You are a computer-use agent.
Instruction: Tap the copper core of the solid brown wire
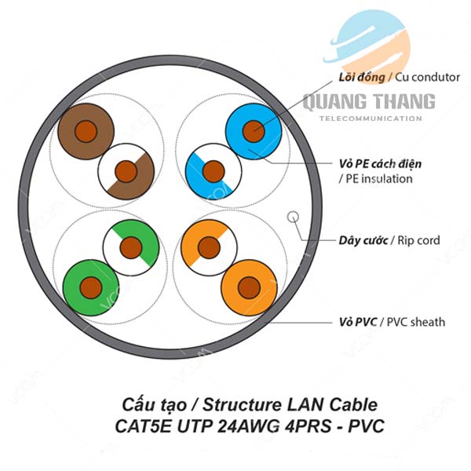point(86,131)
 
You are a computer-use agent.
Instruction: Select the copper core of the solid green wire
point(91,288)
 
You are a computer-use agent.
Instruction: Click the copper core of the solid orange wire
point(249,288)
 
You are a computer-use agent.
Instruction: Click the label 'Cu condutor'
point(427,78)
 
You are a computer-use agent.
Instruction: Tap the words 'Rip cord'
point(418,240)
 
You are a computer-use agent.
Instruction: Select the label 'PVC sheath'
point(416,322)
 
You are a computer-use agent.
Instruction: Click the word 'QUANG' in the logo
point(332,102)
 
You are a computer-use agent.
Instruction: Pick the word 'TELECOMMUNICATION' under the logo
point(371,119)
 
